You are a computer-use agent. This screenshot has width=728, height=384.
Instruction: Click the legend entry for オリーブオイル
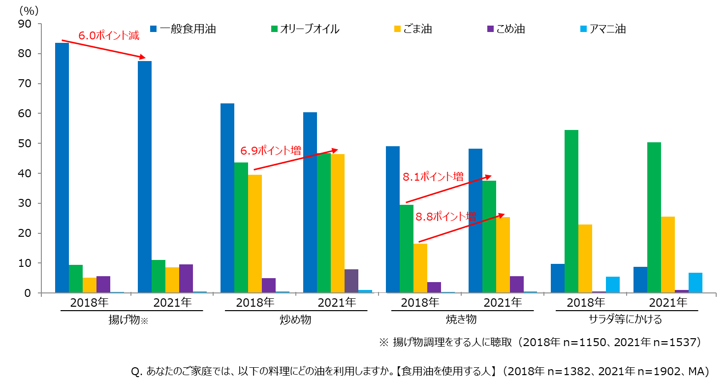coord(310,29)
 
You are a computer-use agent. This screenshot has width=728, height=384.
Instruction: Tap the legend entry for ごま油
coord(417,29)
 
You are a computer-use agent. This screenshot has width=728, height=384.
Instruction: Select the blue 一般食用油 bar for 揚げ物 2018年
coord(62,167)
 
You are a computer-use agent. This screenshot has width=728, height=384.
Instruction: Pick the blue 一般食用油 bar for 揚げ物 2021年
coord(145,177)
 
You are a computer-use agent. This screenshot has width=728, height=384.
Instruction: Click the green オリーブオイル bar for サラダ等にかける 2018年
coord(571,211)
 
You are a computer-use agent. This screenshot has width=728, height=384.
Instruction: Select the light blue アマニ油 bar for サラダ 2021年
coord(696,283)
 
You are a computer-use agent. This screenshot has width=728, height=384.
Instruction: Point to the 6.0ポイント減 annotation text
coord(109,35)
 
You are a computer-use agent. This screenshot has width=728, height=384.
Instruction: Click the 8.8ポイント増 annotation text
coord(446,216)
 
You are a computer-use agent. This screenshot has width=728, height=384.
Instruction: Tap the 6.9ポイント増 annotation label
coord(270,150)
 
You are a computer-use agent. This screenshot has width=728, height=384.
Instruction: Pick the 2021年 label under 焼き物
coord(503,302)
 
